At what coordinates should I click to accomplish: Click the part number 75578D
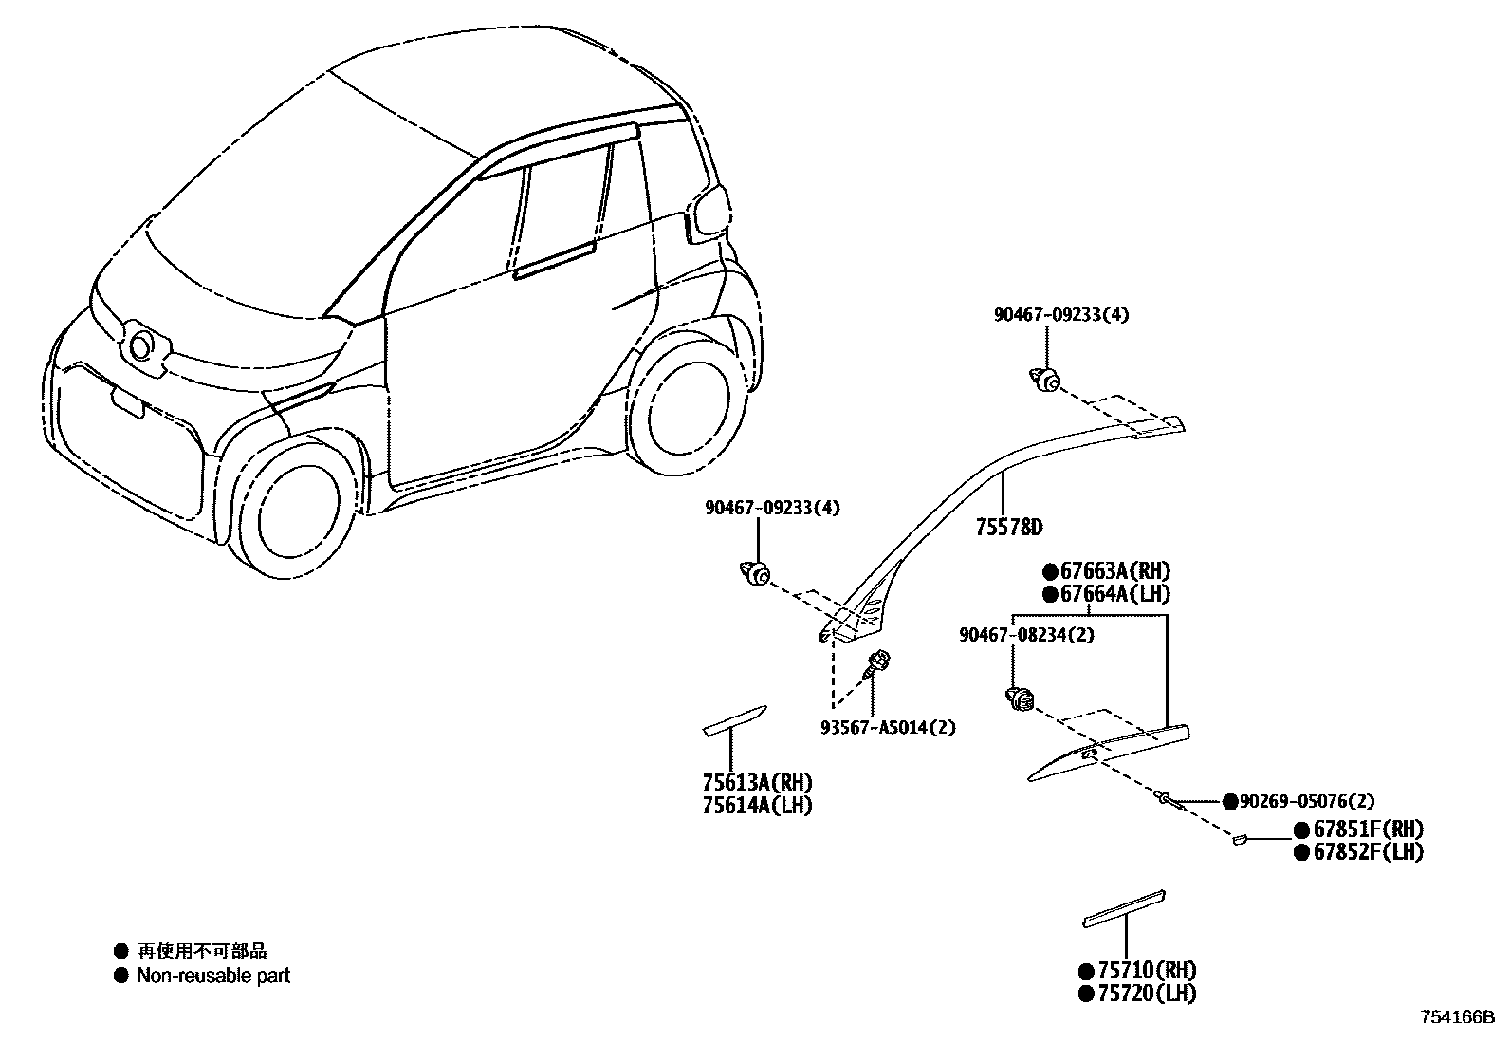[x=1008, y=528]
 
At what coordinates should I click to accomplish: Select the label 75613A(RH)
[x=758, y=783]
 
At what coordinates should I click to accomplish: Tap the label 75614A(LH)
[x=757, y=806]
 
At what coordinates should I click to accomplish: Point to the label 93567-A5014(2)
[x=888, y=728]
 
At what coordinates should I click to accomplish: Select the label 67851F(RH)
[x=1367, y=829]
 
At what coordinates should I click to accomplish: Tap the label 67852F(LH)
[x=1367, y=852]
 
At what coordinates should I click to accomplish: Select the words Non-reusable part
[x=212, y=976]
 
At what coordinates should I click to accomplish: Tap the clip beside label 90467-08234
[x=1019, y=700]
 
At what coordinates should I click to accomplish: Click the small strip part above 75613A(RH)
[x=734, y=720]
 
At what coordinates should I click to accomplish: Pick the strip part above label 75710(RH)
[x=1124, y=907]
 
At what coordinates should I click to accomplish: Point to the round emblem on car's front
[x=142, y=345]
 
